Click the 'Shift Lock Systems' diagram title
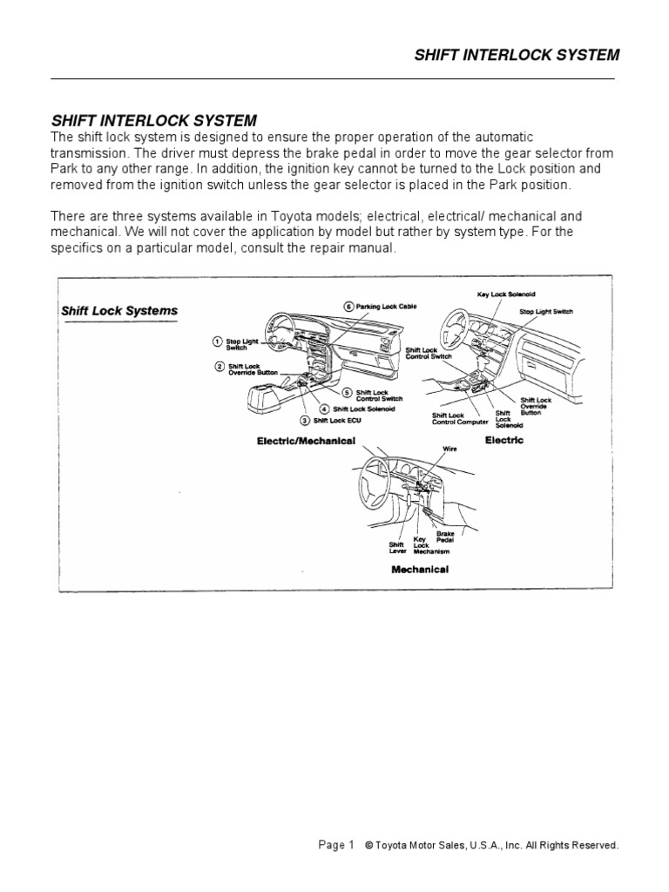coord(119,311)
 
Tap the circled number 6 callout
coord(348,307)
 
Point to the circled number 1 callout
coord(217,342)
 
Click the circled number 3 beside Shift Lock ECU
coord(305,420)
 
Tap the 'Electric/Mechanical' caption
coord(306,441)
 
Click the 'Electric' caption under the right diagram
coord(503,440)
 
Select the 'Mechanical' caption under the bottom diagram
coord(419,569)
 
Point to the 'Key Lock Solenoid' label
coord(504,295)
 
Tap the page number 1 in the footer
coord(350,844)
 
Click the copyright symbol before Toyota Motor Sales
coord(368,845)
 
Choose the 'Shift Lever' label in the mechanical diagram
coord(397,546)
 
